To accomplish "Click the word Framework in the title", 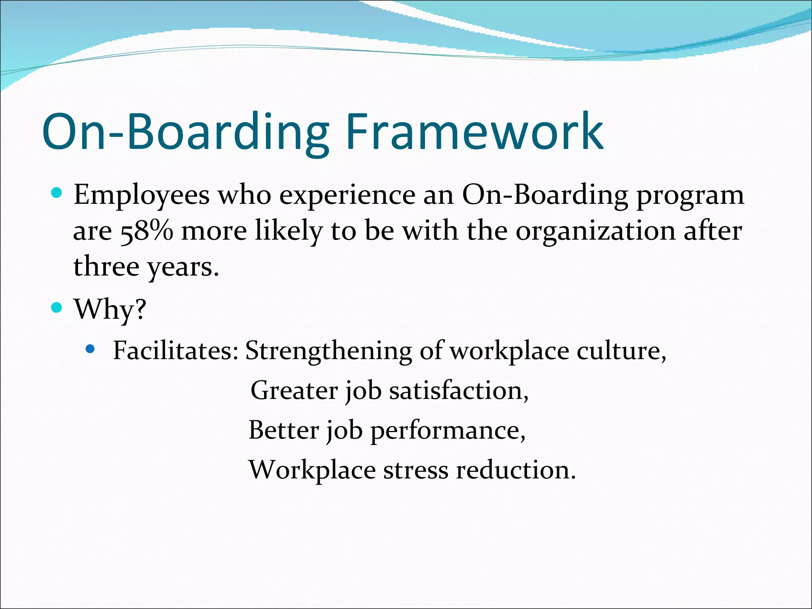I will pyautogui.click(x=475, y=132).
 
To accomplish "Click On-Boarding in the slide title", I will pyautogui.click(x=185, y=132).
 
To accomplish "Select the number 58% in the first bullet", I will pyautogui.click(x=147, y=231).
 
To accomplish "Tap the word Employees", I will pyautogui.click(x=142, y=196).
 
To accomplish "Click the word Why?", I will pyautogui.click(x=110, y=309).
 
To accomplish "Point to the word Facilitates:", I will pyautogui.click(x=176, y=350).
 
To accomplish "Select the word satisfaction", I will pyautogui.click(x=458, y=391).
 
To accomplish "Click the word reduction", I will pyautogui.click(x=515, y=470).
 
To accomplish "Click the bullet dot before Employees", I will pyautogui.click(x=57, y=193).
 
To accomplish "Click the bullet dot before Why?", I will pyautogui.click(x=57, y=307).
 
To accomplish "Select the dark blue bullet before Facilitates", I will pyautogui.click(x=90, y=349).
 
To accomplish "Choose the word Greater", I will pyautogui.click(x=294, y=391).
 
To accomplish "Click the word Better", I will pyautogui.click(x=283, y=430).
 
